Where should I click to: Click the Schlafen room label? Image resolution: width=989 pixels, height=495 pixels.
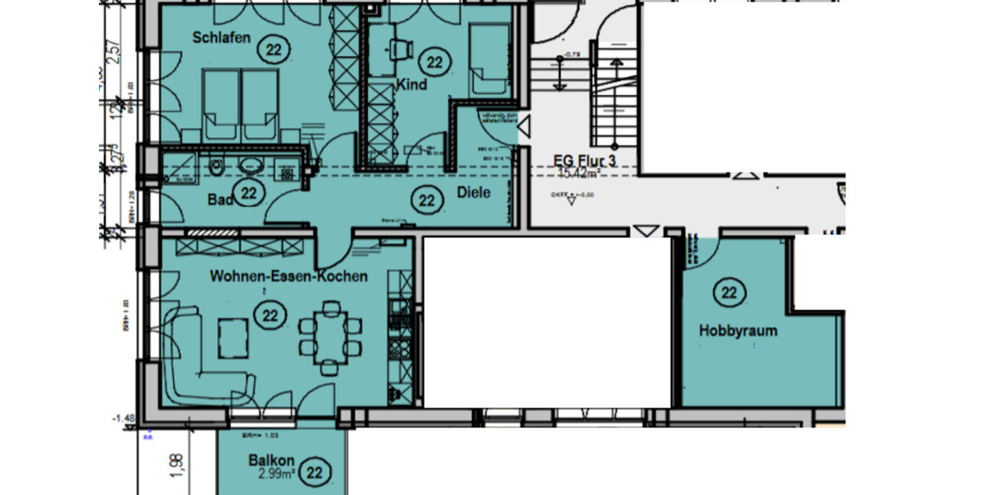221,38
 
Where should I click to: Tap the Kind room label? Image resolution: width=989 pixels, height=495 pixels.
411,85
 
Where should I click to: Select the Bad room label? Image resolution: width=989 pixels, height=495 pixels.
219,200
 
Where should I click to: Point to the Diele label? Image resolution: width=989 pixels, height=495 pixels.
473,193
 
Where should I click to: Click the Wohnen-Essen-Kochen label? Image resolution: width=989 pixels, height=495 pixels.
288,276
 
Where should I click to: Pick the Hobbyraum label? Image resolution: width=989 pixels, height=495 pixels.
738,331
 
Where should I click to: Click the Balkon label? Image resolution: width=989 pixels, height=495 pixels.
271,460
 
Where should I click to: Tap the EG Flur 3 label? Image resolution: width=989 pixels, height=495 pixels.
586,161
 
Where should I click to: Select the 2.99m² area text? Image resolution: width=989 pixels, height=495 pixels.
276,474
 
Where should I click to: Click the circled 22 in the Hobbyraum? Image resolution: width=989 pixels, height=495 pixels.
729,293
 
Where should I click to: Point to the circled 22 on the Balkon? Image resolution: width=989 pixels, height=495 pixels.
314,473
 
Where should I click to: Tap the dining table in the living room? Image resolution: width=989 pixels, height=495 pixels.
331,337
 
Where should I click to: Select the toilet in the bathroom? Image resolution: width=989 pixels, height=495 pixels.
216,167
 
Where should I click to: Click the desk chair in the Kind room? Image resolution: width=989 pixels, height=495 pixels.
401,49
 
